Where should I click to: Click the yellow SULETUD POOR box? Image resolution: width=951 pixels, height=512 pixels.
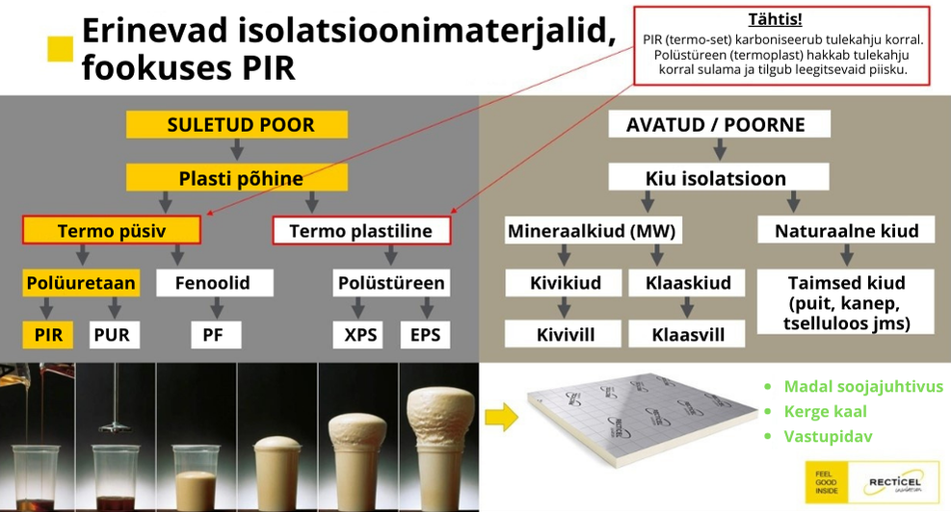click(237, 124)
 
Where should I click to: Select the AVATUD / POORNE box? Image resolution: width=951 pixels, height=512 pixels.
click(720, 124)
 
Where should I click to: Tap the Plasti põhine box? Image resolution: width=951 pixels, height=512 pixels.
click(237, 177)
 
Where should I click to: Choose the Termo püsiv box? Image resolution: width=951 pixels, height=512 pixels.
click(112, 230)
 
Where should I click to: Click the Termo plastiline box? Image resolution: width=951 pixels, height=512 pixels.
click(361, 230)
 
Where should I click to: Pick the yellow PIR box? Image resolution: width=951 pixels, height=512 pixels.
click(48, 335)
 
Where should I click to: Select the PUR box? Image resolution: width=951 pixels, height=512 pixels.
click(114, 335)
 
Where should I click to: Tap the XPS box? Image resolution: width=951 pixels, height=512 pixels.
click(357, 335)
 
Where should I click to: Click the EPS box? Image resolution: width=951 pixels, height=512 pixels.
click(425, 335)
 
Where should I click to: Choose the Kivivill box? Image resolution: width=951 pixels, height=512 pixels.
click(564, 334)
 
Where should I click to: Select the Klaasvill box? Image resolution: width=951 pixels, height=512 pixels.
click(687, 334)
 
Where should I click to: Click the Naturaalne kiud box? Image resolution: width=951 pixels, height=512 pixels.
click(846, 230)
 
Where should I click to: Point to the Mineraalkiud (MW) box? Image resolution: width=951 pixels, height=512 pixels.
click(593, 230)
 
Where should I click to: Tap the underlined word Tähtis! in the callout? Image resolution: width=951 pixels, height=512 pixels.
click(775, 19)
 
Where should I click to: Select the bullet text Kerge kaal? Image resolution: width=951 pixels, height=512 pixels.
click(826, 411)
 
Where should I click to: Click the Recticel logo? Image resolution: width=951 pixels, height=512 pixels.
click(894, 483)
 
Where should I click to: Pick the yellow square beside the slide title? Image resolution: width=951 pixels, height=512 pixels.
click(61, 49)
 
